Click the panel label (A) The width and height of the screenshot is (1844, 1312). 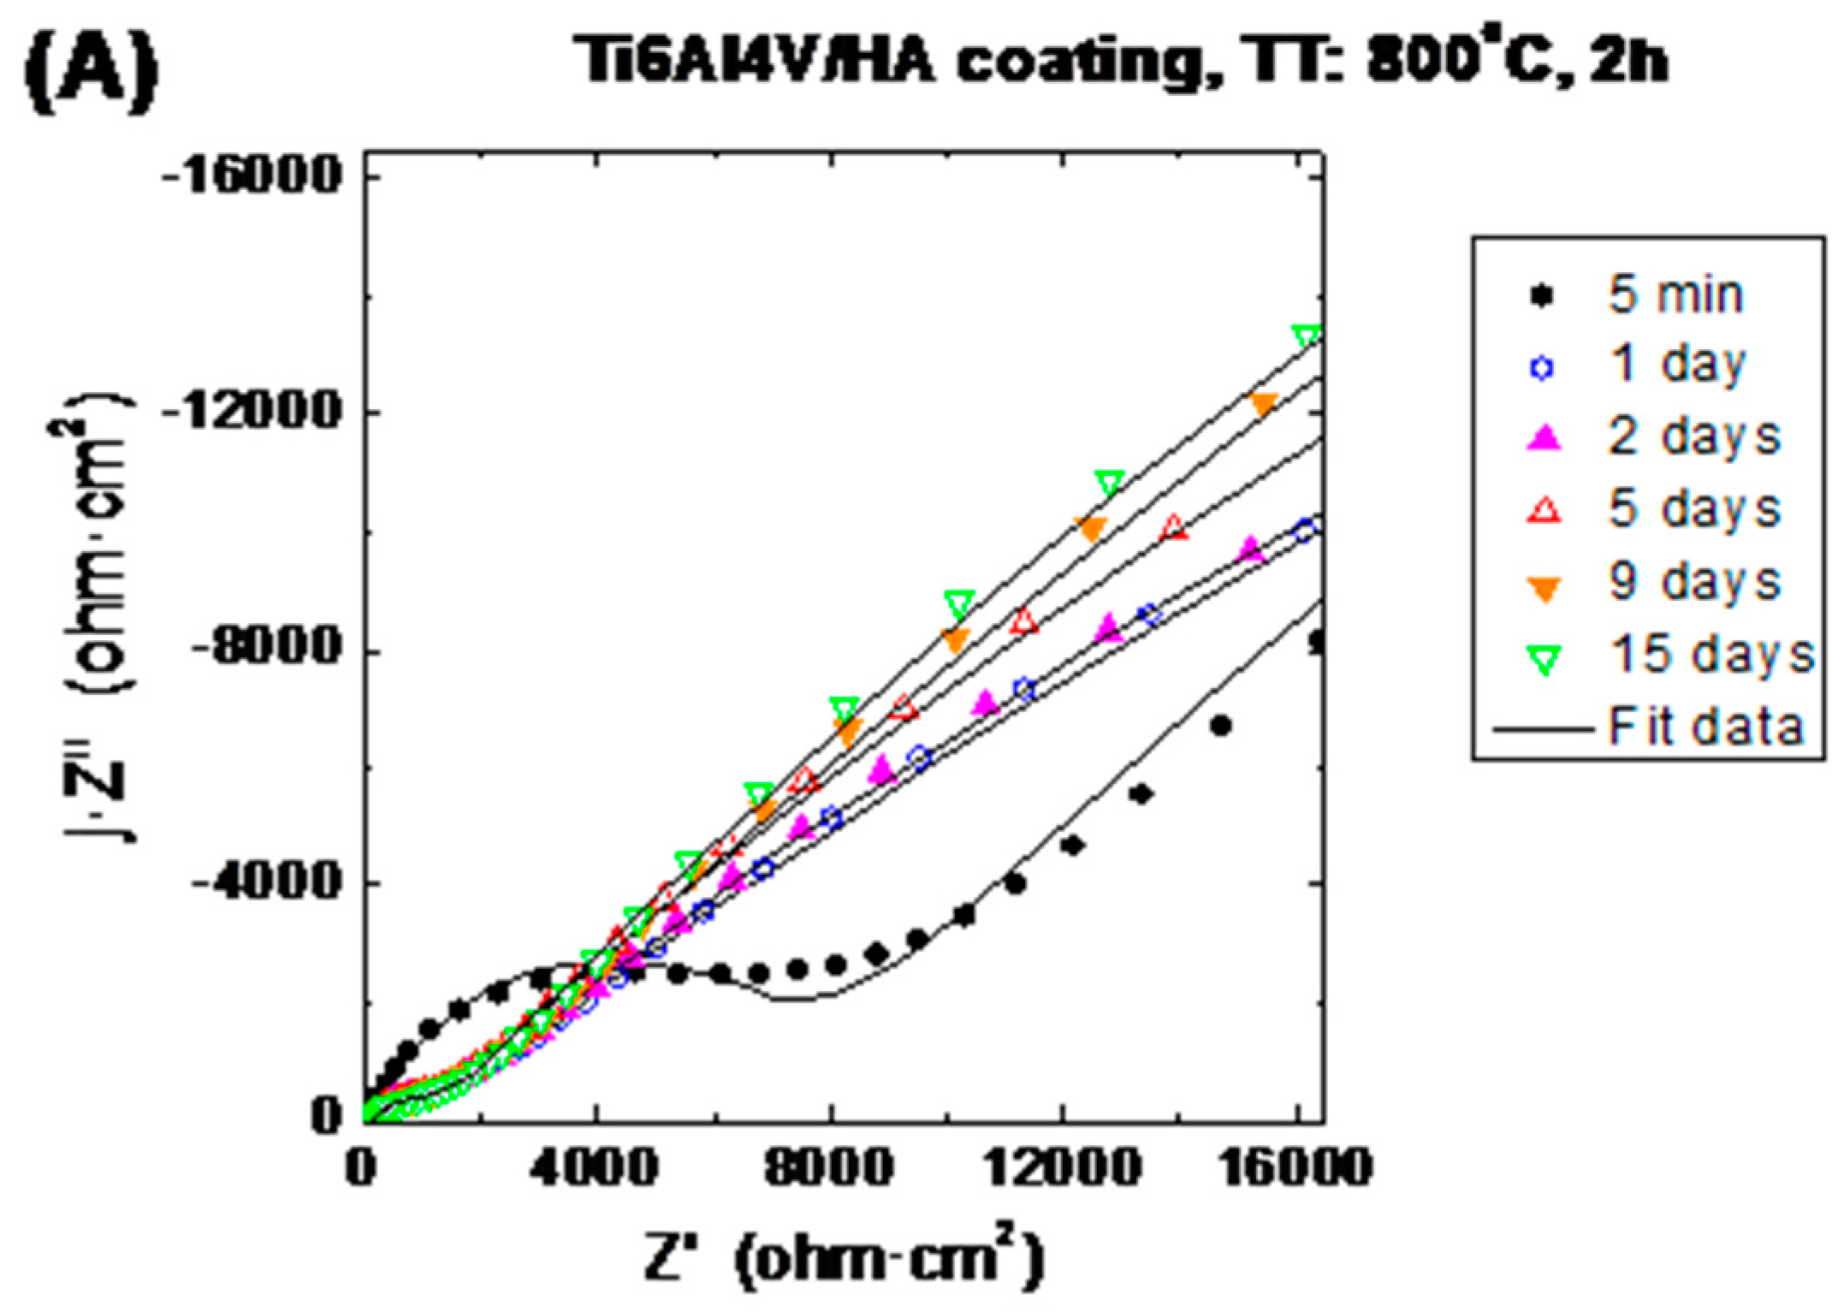point(91,64)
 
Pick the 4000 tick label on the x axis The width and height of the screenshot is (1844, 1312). point(596,1167)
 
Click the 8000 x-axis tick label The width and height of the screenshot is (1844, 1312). point(831,1167)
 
